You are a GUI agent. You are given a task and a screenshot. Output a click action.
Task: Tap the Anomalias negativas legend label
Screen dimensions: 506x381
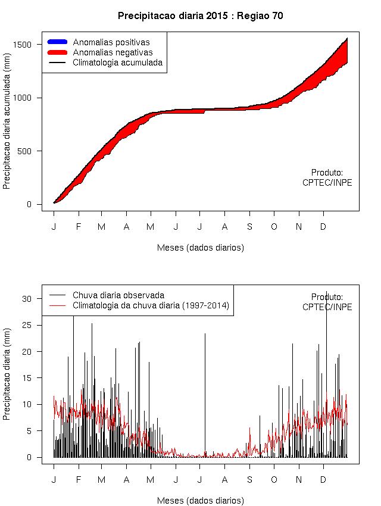113,52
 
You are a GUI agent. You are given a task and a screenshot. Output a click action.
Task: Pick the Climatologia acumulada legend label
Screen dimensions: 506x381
117,62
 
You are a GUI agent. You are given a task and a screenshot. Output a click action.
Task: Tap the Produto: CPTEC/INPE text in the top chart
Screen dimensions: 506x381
327,177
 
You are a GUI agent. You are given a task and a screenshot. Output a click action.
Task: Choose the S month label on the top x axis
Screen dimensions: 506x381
249,227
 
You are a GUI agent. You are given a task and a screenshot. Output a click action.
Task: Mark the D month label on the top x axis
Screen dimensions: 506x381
323,227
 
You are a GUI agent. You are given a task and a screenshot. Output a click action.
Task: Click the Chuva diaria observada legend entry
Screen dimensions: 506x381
118,295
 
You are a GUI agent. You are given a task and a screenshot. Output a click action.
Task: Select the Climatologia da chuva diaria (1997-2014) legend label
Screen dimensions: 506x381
151,305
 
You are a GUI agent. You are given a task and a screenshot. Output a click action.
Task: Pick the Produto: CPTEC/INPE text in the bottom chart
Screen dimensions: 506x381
327,302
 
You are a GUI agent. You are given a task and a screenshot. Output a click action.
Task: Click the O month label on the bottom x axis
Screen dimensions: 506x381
274,480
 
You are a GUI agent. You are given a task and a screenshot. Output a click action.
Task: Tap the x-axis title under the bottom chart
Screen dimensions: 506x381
201,501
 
